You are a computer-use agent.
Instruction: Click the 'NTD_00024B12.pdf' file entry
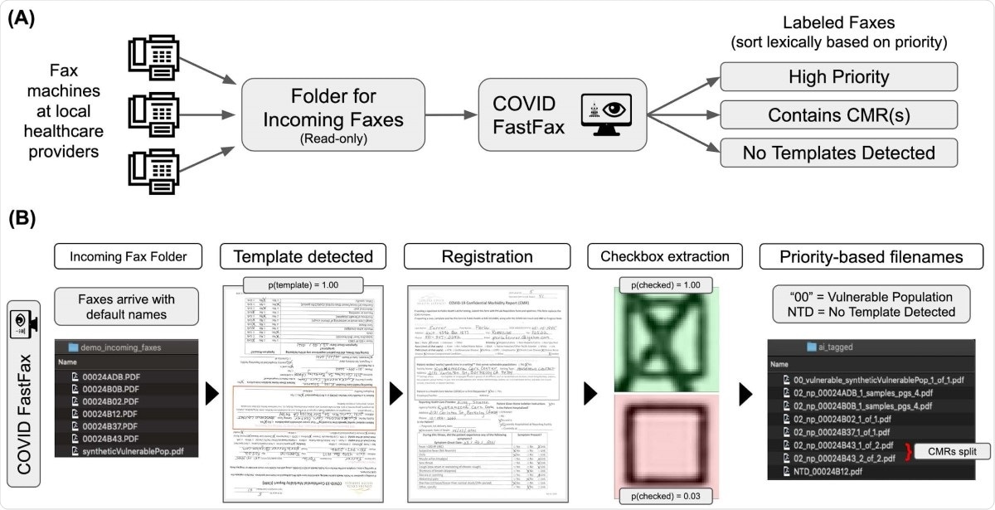point(837,472)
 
